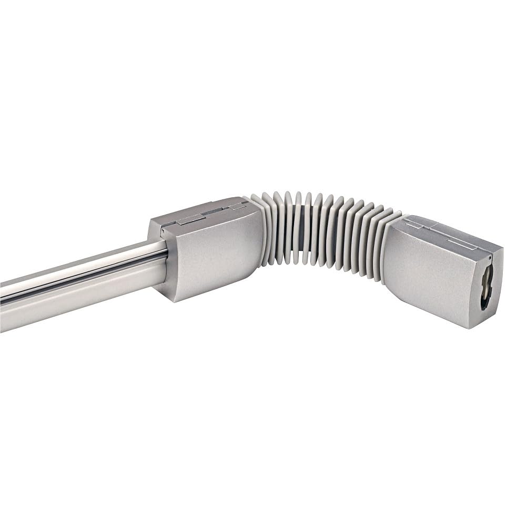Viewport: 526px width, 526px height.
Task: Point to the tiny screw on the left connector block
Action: [x=163, y=230]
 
